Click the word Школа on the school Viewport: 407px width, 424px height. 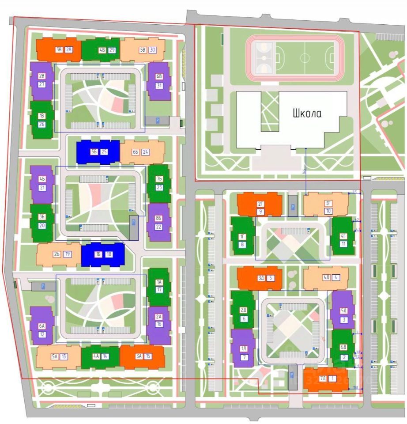click(x=307, y=113)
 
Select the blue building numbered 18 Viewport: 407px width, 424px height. click(x=102, y=254)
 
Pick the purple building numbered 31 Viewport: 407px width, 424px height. click(x=159, y=80)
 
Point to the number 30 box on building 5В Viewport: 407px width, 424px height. click(x=153, y=50)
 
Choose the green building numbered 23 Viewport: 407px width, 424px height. click(x=159, y=183)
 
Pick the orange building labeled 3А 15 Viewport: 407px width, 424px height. click(x=142, y=356)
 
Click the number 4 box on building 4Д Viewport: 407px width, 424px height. click(x=337, y=278)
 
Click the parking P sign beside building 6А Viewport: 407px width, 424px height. click(x=43, y=286)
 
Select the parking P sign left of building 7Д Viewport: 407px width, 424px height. click(x=292, y=376)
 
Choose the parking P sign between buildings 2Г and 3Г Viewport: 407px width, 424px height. click(x=292, y=207)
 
